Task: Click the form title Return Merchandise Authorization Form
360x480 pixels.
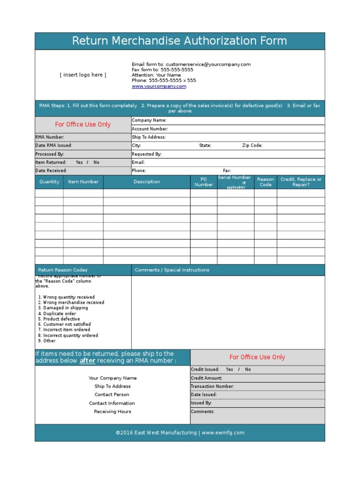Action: pos(180,41)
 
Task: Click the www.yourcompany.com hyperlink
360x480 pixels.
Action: pos(159,86)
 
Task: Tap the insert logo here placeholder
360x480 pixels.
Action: pos(83,75)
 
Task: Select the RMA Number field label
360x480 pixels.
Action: pos(49,137)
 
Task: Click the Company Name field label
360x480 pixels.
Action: pos(149,120)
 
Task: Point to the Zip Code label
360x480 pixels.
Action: pos(252,146)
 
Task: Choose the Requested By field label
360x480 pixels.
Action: pos(147,154)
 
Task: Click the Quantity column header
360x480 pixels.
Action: pos(49,182)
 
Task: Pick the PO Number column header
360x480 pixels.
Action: pos(203,182)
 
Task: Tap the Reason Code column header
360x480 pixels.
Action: pos(265,182)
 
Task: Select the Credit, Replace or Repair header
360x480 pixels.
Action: pos(301,182)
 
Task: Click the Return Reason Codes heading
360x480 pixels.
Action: pos(63,270)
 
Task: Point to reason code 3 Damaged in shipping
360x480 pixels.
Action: pos(63,308)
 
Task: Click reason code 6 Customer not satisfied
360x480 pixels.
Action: pos(64,324)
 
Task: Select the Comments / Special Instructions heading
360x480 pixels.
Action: pos(172,270)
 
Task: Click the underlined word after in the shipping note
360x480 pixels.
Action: pos(87,361)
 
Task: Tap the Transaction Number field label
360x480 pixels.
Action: pos(212,387)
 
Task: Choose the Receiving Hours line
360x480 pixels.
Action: pos(112,412)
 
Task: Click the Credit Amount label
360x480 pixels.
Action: pos(207,378)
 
